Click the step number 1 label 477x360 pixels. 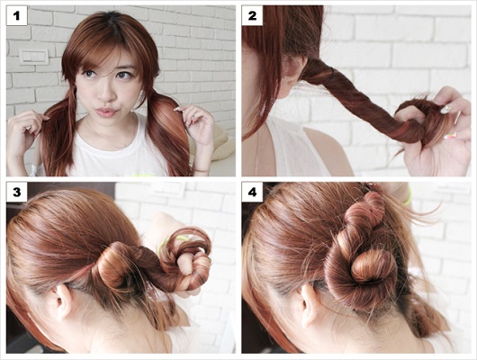(x=17, y=16)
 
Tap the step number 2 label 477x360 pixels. (x=252, y=16)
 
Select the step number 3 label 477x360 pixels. (x=17, y=193)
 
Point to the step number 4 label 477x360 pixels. (x=252, y=193)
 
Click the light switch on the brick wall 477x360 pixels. (x=34, y=57)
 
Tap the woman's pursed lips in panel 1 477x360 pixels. (x=106, y=112)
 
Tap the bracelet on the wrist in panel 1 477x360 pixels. (x=202, y=171)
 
